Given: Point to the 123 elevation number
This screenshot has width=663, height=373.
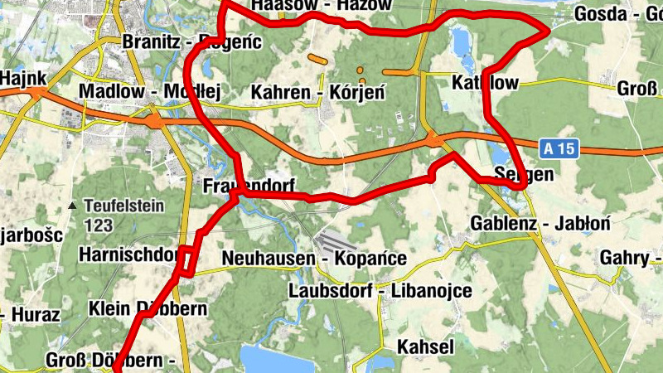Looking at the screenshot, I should pyautogui.click(x=97, y=224).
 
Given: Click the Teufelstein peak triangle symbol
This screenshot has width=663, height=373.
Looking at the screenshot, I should pyautogui.click(x=74, y=206).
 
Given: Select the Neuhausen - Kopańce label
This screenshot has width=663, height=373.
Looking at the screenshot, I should pyautogui.click(x=314, y=259).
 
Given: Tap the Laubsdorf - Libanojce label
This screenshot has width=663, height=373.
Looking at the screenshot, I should pyautogui.click(x=380, y=291).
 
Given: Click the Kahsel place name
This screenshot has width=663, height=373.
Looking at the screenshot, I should pyautogui.click(x=425, y=346).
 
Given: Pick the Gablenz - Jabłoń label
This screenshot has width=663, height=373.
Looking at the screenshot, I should pyautogui.click(x=540, y=223).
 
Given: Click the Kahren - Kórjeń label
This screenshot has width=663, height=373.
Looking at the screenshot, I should pyautogui.click(x=318, y=92).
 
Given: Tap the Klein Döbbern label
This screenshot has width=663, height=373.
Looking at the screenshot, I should pyautogui.click(x=148, y=308).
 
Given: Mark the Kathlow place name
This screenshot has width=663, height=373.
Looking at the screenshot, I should pyautogui.click(x=486, y=83).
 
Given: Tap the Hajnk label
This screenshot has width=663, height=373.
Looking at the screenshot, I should pyautogui.click(x=22, y=77).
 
